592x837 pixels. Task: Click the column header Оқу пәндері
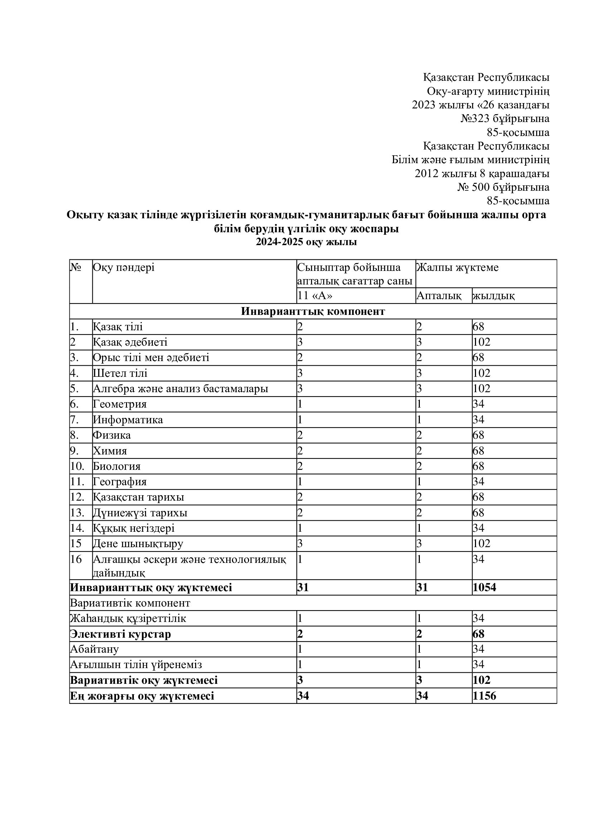tap(123, 268)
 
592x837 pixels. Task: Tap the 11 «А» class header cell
tap(315, 296)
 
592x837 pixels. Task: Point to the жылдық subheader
tap(494, 296)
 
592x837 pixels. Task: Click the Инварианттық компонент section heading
tap(313, 311)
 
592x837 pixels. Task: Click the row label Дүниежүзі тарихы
tap(140, 513)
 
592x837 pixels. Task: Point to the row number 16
tap(76, 559)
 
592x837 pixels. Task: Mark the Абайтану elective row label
tap(94, 649)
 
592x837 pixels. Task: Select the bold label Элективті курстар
tap(120, 634)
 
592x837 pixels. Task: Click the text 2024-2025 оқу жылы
tap(306, 242)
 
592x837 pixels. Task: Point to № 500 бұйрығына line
tap(503, 188)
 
